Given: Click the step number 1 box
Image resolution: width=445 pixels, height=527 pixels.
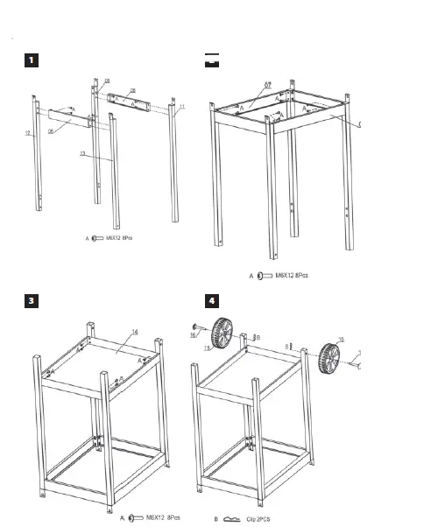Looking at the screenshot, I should tap(31, 60).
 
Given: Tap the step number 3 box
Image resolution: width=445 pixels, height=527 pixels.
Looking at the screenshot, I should tap(31, 300).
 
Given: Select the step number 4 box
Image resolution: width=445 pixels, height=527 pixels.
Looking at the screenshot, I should tap(211, 300).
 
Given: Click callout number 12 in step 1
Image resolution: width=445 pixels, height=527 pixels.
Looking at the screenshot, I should tap(28, 133).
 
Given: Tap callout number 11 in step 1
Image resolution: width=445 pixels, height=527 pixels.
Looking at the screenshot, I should tap(182, 107).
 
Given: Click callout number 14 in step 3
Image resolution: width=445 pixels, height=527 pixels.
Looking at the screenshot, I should tap(135, 332).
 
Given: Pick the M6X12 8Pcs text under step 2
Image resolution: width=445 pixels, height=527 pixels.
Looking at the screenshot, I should tap(290, 276).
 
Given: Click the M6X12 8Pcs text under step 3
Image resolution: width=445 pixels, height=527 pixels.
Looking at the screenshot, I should tap(164, 518).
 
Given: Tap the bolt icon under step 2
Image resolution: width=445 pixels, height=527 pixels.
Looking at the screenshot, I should tap(261, 276).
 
